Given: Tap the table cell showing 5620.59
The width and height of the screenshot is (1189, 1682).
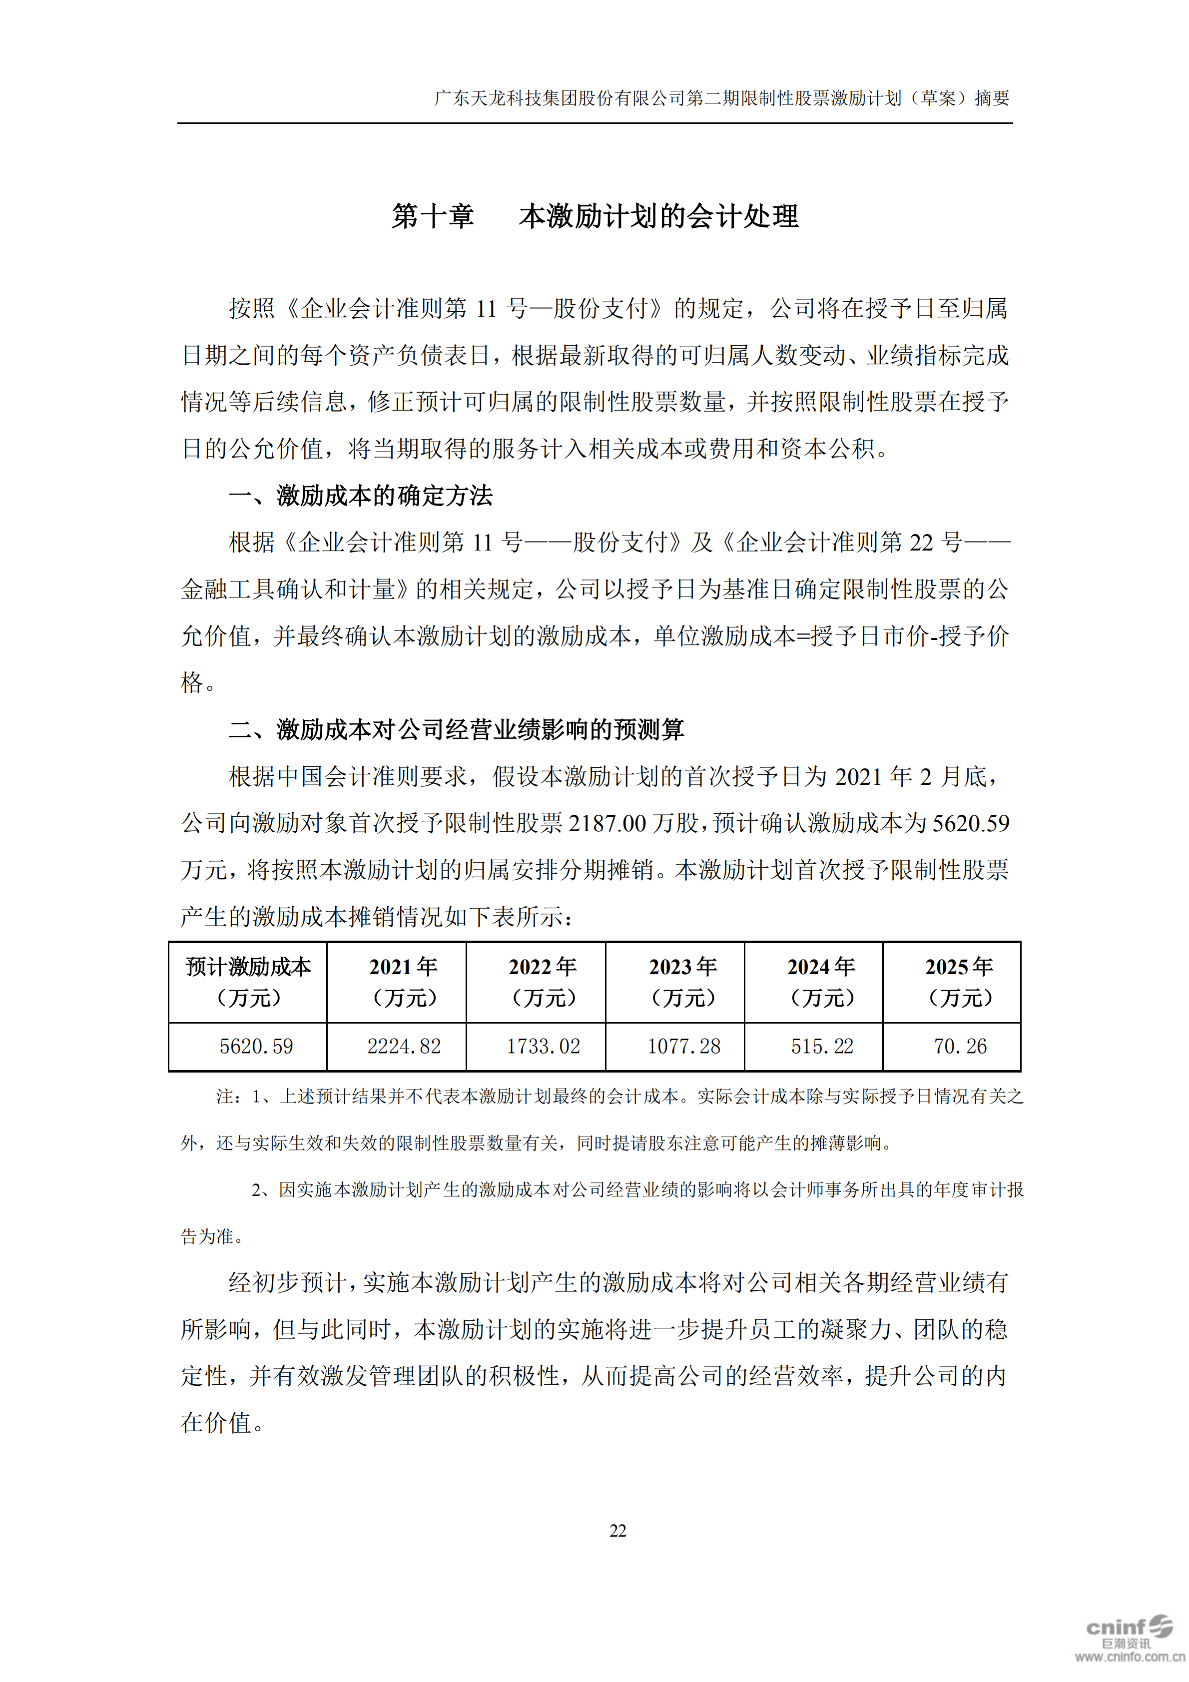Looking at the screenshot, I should [256, 1046].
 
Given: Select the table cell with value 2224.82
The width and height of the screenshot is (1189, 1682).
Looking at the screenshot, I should [404, 1046].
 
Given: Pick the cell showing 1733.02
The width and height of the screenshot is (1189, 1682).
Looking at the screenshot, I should [543, 1046].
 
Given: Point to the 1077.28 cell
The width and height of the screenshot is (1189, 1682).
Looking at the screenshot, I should [683, 1046].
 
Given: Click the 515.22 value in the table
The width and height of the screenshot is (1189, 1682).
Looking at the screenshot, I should [821, 1046].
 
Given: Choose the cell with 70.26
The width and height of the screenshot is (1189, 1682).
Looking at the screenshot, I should [960, 1046].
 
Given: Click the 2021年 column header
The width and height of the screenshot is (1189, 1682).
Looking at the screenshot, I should [404, 982].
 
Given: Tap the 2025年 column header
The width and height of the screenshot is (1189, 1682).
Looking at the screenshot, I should [960, 982].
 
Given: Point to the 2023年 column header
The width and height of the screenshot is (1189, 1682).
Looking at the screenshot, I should [683, 982].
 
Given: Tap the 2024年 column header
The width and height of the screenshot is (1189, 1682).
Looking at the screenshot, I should [821, 982].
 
